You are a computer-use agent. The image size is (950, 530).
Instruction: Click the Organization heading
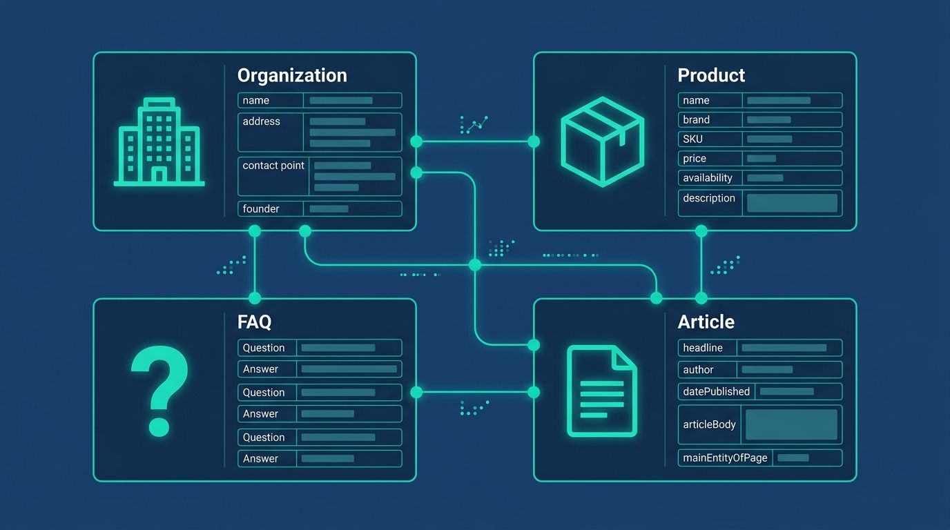coord(292,75)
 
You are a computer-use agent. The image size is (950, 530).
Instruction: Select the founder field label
coord(261,208)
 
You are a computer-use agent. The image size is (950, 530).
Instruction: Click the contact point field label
coord(273,166)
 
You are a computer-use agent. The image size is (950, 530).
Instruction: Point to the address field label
coord(261,121)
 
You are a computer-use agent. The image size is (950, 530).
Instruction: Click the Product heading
coord(711,75)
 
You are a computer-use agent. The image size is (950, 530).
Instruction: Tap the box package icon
coord(602,141)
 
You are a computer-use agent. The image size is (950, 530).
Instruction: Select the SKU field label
coord(692,139)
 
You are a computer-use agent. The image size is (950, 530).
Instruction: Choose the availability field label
coord(708,178)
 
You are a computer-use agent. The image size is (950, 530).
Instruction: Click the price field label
coord(695,159)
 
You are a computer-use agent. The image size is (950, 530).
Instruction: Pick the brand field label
coord(697,119)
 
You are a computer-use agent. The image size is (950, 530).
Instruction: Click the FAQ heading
coord(254,322)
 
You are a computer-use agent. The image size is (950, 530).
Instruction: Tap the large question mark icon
coord(159,391)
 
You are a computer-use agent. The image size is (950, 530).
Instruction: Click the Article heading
coord(706,322)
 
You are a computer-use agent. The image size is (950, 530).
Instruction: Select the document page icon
coord(601,391)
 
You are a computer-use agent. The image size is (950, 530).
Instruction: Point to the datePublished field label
coord(716,391)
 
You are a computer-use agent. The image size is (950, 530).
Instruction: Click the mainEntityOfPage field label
coord(725,458)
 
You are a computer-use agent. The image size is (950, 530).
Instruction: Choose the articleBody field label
coord(709,424)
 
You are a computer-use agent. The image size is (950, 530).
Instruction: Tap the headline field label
coord(703,348)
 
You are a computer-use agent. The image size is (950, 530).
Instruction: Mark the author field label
coord(698,370)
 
